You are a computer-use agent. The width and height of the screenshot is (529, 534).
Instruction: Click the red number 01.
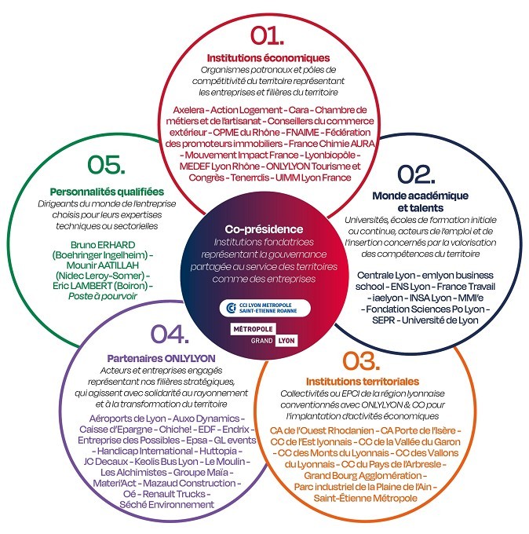[267, 35]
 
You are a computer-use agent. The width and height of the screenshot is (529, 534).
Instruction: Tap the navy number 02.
[416, 174]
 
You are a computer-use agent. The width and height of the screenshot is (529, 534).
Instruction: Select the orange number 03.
[361, 360]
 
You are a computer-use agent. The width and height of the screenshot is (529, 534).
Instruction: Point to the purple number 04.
[170, 334]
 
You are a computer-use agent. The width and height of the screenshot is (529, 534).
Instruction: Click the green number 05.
[106, 164]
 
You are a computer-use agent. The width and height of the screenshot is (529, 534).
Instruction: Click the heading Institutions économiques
[268, 58]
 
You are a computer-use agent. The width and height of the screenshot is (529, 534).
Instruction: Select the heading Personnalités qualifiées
[107, 192]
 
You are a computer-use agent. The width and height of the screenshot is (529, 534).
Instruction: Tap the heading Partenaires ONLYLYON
[162, 358]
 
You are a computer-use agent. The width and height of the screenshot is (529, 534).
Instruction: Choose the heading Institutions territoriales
[363, 382]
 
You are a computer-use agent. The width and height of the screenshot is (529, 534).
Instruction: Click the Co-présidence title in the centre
[264, 229]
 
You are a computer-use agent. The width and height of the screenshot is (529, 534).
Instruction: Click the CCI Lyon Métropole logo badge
[264, 308]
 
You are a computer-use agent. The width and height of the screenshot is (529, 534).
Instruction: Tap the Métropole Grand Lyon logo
[264, 335]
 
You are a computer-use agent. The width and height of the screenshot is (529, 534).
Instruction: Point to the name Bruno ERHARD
[103, 245]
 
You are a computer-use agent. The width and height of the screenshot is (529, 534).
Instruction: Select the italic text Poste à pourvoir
[103, 296]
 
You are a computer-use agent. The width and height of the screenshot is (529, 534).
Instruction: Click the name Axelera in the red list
[188, 110]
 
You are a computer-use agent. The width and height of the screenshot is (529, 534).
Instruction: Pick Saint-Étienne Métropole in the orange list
[365, 498]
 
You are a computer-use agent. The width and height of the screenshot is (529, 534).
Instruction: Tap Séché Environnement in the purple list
[167, 504]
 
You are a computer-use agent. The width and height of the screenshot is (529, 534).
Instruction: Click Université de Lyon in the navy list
[440, 320]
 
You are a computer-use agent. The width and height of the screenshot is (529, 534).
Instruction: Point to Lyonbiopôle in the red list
[330, 155]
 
